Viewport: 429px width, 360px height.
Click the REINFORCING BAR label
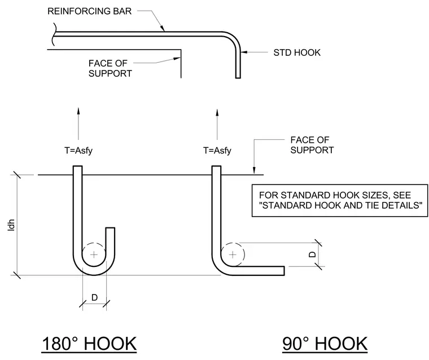(89, 11)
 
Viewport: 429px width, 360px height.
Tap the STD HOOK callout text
(297, 52)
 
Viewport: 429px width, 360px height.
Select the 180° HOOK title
(89, 344)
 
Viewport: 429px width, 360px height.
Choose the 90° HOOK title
(325, 344)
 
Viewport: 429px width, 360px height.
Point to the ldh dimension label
(11, 225)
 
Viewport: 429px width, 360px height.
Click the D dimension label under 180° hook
(94, 297)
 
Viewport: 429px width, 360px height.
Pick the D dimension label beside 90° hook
(312, 254)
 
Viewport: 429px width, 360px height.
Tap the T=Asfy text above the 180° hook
(78, 151)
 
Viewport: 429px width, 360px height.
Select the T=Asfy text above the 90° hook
(217, 151)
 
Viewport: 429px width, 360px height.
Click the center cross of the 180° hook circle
(94, 254)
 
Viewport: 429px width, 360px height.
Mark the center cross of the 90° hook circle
(233, 254)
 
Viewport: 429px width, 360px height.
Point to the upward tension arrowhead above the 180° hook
(78, 111)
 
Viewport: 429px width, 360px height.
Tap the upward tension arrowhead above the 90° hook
(217, 112)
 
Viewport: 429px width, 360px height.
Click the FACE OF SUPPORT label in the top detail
(110, 68)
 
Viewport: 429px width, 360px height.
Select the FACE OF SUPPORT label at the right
(312, 145)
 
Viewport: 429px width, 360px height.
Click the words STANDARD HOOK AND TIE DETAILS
(342, 205)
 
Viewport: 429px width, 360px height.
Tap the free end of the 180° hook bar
(110, 228)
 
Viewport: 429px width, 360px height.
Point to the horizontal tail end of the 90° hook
(284, 271)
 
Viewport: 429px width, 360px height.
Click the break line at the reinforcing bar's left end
(55, 34)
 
